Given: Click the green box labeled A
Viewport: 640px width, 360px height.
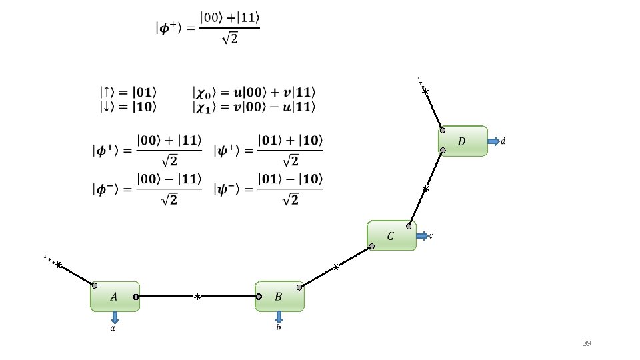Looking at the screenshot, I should [115, 296].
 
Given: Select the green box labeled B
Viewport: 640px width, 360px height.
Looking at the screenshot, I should [279, 296].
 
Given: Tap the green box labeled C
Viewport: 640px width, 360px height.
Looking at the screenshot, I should [391, 235].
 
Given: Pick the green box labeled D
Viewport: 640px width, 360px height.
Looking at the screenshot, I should [463, 141].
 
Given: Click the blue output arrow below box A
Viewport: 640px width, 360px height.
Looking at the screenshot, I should [115, 317].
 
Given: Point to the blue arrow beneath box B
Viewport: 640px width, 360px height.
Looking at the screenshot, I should [279, 317].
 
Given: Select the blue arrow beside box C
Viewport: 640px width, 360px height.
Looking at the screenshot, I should [423, 235].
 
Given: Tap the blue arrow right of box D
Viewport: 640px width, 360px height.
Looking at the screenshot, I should [494, 141].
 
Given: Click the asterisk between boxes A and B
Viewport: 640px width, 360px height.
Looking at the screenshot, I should [197, 297].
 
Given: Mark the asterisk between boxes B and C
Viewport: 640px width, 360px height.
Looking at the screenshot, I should [336, 268].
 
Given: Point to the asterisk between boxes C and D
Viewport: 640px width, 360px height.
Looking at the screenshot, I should [426, 189].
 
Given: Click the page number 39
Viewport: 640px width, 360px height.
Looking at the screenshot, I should [587, 343].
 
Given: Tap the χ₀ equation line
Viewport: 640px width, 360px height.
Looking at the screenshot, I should [254, 91].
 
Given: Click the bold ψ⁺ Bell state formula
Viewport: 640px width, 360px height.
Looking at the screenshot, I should [268, 151].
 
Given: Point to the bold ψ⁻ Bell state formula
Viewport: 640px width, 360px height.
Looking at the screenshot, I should [268, 189].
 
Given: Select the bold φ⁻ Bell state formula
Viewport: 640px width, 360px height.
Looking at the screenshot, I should [147, 189].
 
